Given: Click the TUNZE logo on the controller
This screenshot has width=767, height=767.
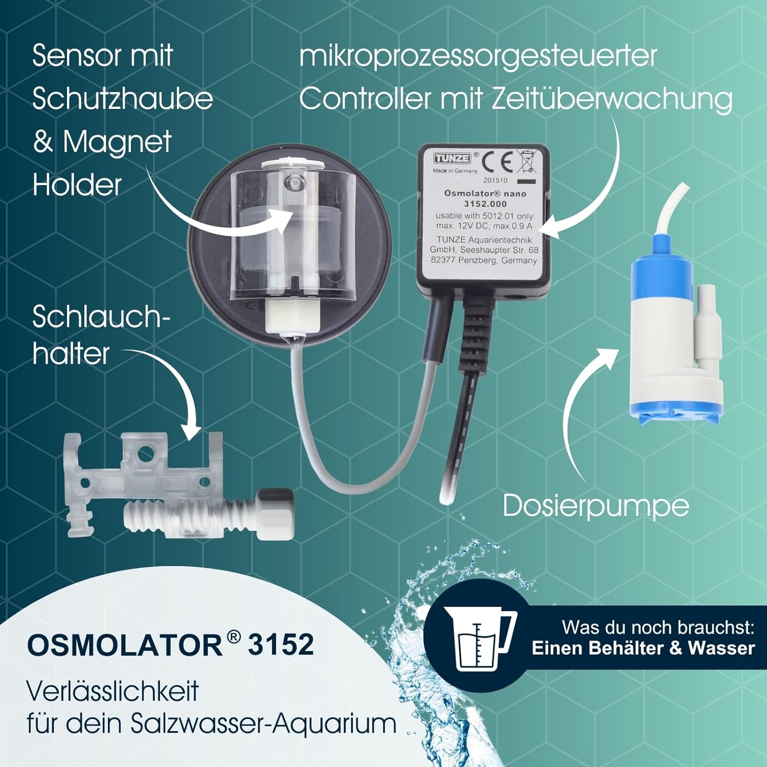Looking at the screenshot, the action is tap(452, 158).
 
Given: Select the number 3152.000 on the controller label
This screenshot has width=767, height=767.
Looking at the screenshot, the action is tap(485, 204).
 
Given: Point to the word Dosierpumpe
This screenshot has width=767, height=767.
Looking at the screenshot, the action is tap(596, 506).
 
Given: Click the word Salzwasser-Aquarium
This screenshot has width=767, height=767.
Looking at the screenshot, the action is tap(264, 724).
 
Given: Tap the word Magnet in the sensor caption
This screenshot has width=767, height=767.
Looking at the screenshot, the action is tap(117, 142).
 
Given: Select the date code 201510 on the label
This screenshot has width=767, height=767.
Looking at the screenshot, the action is tap(495, 180).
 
